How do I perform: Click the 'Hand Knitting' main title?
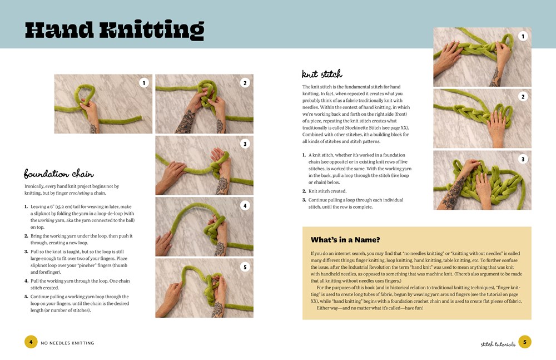pos(114,30)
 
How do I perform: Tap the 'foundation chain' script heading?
pos(59,174)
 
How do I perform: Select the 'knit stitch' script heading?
pos(322,74)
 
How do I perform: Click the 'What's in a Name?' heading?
pos(345,240)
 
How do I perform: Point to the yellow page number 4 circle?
pos(31,342)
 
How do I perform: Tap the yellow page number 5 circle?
pos(525,342)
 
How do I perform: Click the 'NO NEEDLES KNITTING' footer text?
pos(67,343)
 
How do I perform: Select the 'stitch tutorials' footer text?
pos(498,344)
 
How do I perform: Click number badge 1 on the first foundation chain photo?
pos(143,83)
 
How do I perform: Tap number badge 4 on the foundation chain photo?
pos(245,205)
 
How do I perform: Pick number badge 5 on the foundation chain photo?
pos(245,267)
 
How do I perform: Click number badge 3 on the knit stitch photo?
pos(523,159)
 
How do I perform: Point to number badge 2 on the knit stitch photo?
pos(523,97)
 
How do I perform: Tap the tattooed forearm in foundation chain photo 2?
pos(186,122)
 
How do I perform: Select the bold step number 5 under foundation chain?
pos(26,297)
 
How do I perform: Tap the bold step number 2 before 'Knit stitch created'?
pos(304,191)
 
